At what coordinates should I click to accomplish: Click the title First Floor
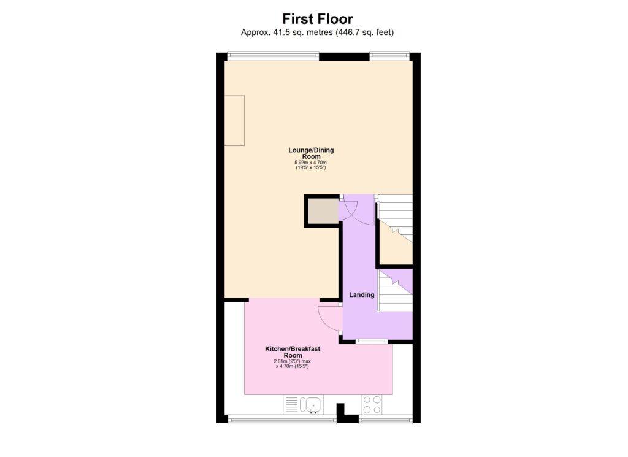[x=317, y=18]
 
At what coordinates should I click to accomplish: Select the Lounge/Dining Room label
[x=311, y=153]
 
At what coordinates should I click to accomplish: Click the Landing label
[x=361, y=295]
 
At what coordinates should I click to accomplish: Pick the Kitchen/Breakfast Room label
[x=293, y=351]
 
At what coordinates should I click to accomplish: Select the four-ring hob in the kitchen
[x=372, y=404]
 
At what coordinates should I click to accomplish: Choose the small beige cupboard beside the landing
[x=323, y=211]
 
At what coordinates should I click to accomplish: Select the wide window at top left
[x=272, y=56]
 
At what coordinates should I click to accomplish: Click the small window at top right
[x=389, y=56]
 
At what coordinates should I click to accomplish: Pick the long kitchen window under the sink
[x=282, y=420]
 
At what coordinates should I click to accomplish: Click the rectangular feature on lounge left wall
[x=234, y=120]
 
